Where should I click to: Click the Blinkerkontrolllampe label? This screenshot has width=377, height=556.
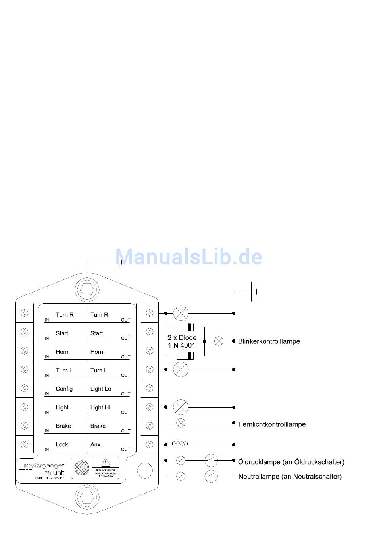pyautogui.click(x=269, y=341)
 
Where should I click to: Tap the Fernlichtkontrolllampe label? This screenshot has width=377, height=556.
pyautogui.click(x=272, y=424)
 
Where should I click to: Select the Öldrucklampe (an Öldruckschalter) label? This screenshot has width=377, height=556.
pyautogui.click(x=291, y=462)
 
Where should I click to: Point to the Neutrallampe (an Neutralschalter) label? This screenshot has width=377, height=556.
pyautogui.click(x=290, y=476)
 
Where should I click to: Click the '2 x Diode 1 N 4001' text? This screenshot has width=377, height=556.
pyautogui.click(x=182, y=341)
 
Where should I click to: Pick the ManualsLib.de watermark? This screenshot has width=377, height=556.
pyautogui.click(x=189, y=257)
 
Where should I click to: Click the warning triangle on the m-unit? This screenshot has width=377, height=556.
pyautogui.click(x=105, y=462)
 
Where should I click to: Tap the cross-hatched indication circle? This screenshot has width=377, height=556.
pyautogui.click(x=82, y=468)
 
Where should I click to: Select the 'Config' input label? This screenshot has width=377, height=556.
pyautogui.click(x=64, y=389)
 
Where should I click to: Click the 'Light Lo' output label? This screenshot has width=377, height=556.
pyautogui.click(x=100, y=389)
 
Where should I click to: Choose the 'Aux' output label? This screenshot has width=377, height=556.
pyautogui.click(x=95, y=444)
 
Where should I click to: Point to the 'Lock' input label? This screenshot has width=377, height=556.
pyautogui.click(x=62, y=444)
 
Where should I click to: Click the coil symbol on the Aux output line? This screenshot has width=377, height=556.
pyautogui.click(x=181, y=444)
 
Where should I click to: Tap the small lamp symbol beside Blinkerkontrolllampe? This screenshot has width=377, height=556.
pyautogui.click(x=219, y=341)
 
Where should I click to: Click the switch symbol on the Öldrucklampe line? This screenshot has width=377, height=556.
pyautogui.click(x=211, y=461)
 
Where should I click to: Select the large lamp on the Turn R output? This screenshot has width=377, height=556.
pyautogui.click(x=181, y=313)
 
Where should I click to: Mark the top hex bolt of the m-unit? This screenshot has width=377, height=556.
pyautogui.click(x=87, y=290)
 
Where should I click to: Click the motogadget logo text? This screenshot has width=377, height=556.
pyautogui.click(x=44, y=466)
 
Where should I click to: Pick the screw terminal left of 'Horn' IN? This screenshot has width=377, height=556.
pyautogui.click(x=24, y=351)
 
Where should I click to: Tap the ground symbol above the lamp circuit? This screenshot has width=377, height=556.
pyautogui.click(x=253, y=292)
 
